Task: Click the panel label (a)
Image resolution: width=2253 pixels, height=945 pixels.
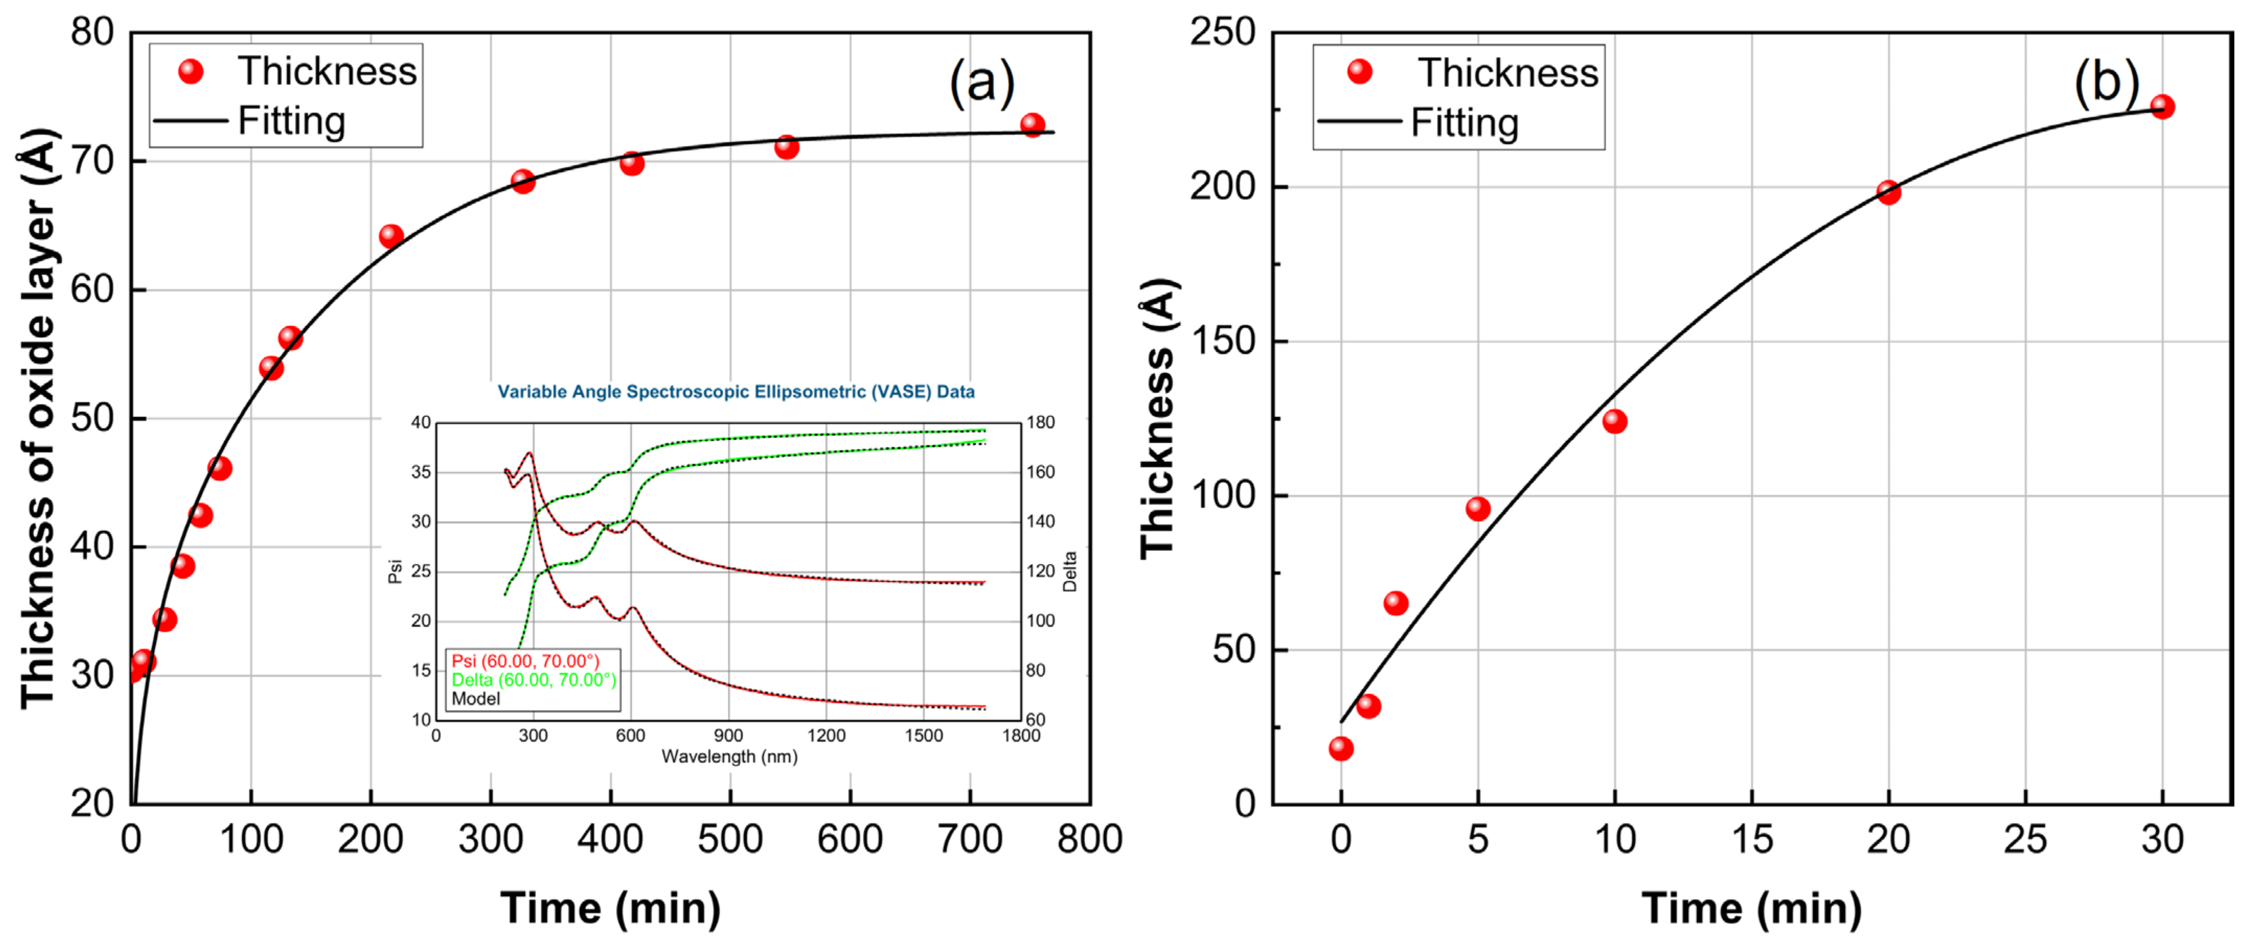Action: pos(981,83)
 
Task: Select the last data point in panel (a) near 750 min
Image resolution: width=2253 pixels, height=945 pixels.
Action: pos(1032,125)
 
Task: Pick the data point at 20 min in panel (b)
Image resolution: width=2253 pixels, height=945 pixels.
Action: pos(1888,192)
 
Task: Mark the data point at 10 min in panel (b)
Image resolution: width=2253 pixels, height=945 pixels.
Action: pos(1614,421)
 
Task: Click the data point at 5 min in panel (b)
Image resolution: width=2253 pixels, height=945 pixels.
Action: pos(1478,509)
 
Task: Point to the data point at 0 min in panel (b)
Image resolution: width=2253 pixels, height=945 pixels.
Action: pos(1341,748)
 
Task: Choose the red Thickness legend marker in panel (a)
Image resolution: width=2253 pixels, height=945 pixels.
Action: pos(191,72)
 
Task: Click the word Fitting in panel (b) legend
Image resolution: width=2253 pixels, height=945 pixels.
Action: pos(1464,123)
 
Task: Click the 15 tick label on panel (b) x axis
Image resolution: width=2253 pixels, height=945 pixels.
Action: pos(1752,839)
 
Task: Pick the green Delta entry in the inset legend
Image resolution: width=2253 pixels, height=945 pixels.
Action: pos(533,680)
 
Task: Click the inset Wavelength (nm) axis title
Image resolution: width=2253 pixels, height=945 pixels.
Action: pos(730,756)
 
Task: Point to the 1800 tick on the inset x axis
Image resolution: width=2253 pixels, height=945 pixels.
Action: pos(1021,736)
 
